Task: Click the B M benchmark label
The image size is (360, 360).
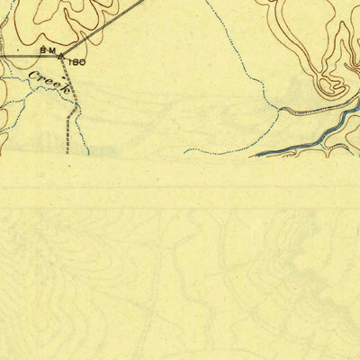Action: pos(48,51)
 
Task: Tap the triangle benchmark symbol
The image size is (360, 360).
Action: pos(61,57)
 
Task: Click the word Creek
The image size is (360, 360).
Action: pos(49,82)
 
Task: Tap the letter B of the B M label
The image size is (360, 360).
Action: pos(42,51)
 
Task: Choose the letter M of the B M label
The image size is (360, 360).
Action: pos(52,51)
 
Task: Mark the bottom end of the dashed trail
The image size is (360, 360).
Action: pos(68,153)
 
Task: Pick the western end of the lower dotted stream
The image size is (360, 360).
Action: pos(185,152)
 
